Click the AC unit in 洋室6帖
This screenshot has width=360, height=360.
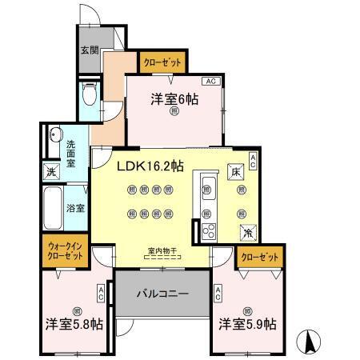coord(210,82)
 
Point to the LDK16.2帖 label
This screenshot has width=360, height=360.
coord(151,166)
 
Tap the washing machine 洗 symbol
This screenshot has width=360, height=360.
coord(50,172)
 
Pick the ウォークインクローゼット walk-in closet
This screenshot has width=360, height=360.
coord(65,253)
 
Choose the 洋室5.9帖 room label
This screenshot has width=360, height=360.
coord(248,325)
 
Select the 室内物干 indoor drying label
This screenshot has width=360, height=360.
coord(162,252)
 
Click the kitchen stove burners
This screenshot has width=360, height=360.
coord(210,231)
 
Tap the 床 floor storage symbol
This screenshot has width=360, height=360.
coord(237,172)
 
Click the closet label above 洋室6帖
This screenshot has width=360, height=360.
coord(162,62)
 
